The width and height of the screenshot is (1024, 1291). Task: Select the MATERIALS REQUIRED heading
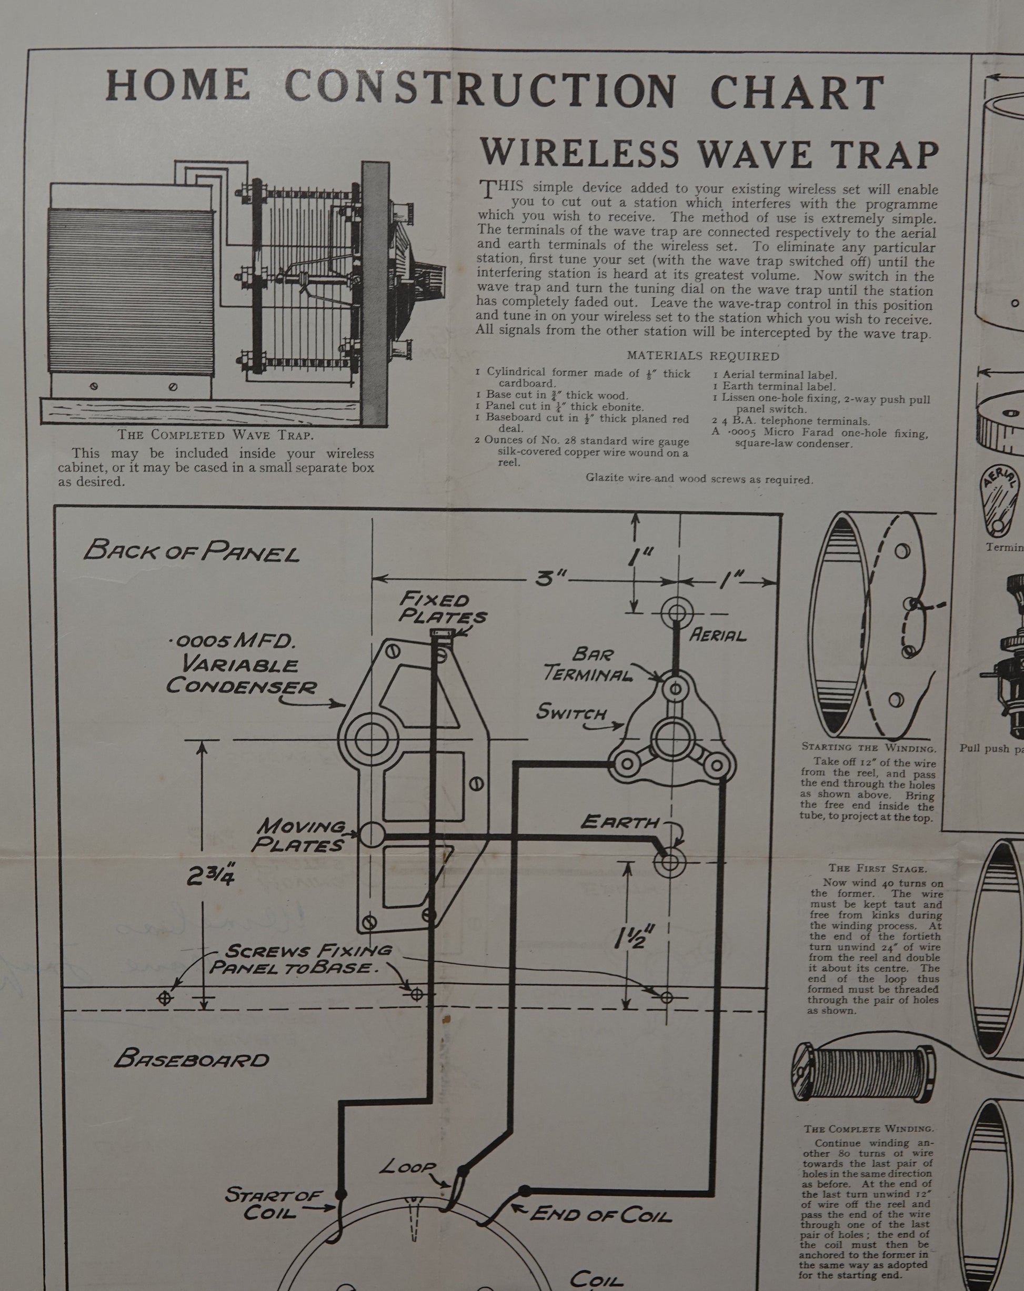702,356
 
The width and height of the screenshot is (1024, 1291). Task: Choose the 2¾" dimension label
210,876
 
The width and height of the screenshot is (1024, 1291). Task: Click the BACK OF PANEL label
191,550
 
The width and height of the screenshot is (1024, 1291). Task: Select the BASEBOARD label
192,1060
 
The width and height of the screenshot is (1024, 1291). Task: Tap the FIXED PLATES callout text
442,608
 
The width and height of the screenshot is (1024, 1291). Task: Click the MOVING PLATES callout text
300,836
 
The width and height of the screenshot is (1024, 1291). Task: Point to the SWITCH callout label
571,712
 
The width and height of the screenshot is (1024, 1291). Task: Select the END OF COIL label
600,1214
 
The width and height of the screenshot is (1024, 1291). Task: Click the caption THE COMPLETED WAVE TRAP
215,435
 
